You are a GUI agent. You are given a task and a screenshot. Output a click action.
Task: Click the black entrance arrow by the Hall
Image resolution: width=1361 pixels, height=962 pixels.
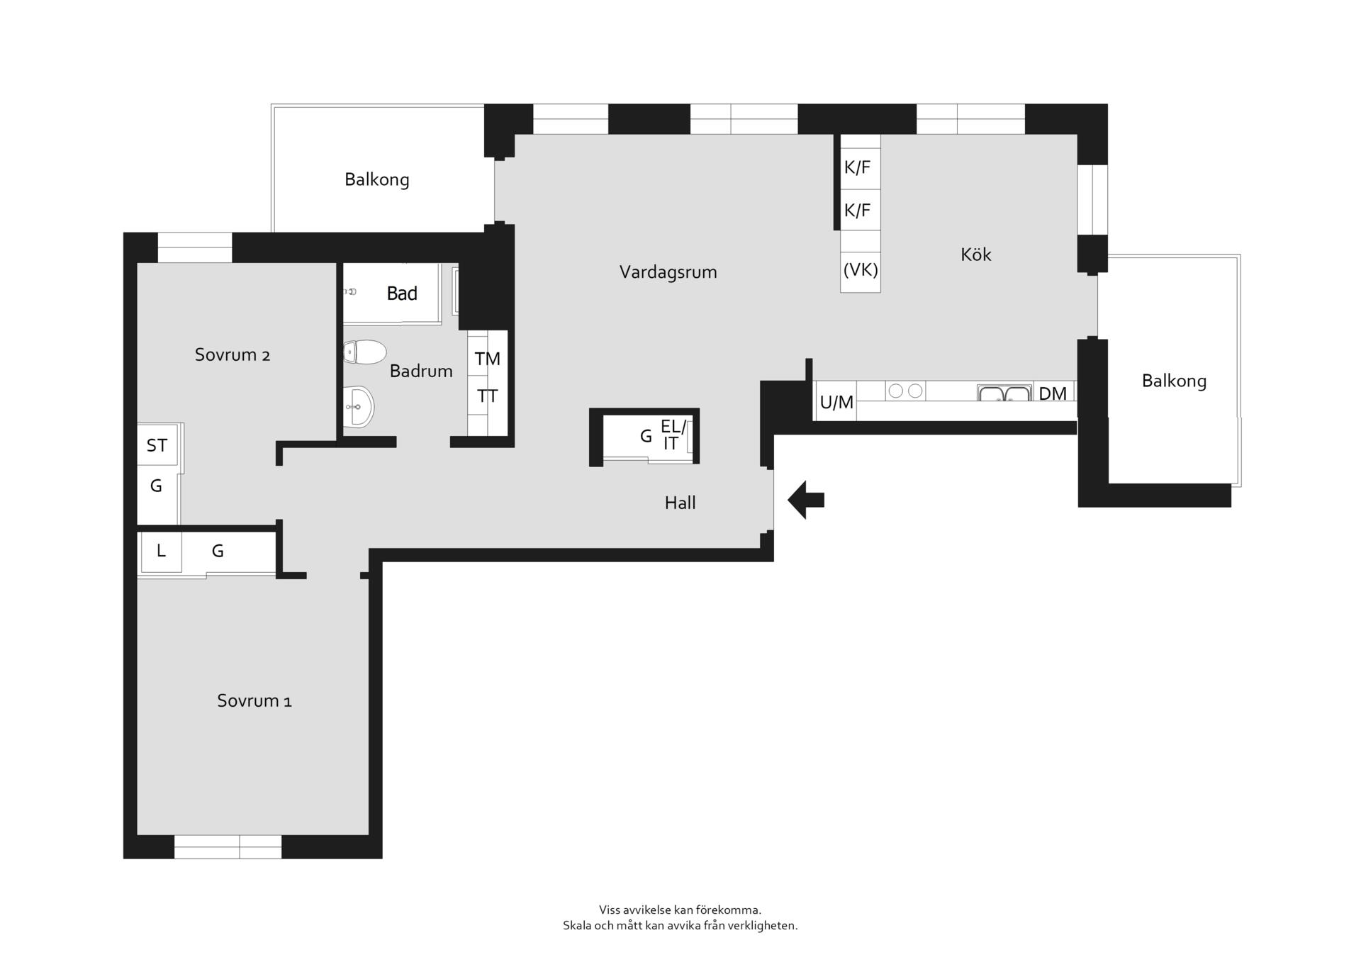click(x=806, y=500)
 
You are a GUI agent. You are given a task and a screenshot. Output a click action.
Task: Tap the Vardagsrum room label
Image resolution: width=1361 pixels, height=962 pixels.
click(x=668, y=272)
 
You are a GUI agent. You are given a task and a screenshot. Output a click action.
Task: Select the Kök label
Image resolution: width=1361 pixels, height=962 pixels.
click(x=975, y=255)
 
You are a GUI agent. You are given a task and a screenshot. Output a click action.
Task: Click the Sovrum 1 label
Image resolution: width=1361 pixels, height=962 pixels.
click(x=254, y=701)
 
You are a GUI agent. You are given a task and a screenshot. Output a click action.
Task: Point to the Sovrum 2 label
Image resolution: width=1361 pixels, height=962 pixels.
click(x=232, y=354)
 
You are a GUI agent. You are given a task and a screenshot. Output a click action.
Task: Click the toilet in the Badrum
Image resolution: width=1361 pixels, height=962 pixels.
click(x=365, y=352)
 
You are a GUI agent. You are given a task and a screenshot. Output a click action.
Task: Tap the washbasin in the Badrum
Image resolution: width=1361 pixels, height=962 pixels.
click(x=359, y=407)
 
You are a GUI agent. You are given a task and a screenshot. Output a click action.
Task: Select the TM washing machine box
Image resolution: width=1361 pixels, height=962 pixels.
click(x=488, y=358)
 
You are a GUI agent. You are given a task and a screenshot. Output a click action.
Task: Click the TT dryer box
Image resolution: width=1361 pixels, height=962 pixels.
click(x=488, y=396)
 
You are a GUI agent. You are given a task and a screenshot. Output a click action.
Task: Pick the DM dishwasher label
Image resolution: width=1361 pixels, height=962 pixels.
click(x=1052, y=393)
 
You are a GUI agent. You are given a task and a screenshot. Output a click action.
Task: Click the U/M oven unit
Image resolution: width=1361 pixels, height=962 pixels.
click(x=836, y=401)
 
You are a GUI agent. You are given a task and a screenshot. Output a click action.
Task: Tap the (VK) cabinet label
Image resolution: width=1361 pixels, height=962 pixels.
click(x=861, y=270)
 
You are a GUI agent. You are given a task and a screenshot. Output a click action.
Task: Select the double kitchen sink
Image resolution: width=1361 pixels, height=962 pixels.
click(x=1004, y=393)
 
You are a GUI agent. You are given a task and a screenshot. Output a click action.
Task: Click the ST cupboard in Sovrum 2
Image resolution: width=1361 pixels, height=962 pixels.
click(x=157, y=444)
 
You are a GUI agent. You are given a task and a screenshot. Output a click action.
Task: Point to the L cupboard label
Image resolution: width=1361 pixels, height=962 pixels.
click(x=161, y=550)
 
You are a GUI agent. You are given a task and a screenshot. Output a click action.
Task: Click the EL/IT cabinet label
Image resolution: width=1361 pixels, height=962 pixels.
click(x=673, y=435)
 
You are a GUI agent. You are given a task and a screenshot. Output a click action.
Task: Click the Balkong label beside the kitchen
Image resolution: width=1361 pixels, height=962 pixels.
click(x=1174, y=381)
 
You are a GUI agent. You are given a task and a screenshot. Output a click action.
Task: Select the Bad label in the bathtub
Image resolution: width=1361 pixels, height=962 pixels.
click(x=402, y=293)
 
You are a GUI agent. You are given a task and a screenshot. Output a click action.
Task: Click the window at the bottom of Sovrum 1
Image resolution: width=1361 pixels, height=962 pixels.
click(x=228, y=846)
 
